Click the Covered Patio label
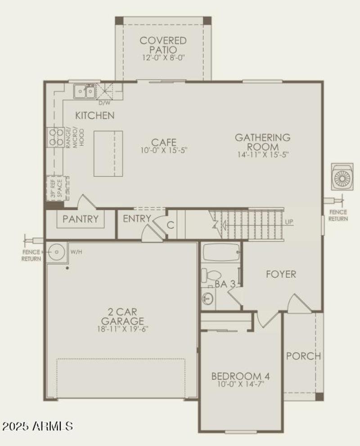[x=163, y=45]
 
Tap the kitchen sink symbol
[x=85, y=92]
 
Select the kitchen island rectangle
[x=108, y=153]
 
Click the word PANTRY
[x=81, y=219]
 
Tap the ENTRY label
[x=136, y=219]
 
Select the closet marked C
[x=171, y=224]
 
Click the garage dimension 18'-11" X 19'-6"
[x=122, y=329]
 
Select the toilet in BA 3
[x=209, y=275]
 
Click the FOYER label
[x=281, y=274]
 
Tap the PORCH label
[x=304, y=356]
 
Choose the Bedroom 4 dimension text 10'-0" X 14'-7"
[x=241, y=385]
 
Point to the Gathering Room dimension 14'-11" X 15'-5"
[x=262, y=154]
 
